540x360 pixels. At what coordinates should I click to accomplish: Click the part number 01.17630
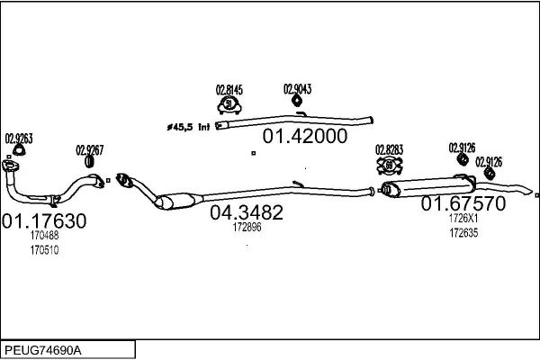pos(44,220)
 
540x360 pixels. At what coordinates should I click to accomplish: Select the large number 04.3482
pos(247,212)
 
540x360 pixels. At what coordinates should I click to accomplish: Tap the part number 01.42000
pos(305,136)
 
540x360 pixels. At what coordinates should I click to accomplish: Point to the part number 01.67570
pos(463,203)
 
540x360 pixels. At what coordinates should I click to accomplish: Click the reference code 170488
pos(44,235)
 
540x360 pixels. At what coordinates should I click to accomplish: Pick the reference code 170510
pos(44,250)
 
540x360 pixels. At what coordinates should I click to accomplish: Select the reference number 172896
pos(247,227)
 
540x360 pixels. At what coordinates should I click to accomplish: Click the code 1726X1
pos(463,218)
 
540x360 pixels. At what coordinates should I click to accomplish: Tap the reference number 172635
pos(463,233)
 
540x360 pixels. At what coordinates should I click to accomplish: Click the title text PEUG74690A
pos(43,350)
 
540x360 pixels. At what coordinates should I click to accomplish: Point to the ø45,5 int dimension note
pos(188,127)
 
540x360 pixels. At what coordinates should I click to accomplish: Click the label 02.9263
pos(19,139)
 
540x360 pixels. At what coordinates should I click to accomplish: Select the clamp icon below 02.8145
pos(229,105)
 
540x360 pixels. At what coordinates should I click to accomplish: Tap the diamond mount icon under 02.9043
pos(297,101)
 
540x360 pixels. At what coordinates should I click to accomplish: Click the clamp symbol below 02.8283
pos(390,166)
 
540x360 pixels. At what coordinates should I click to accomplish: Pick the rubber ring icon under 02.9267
pos(89,162)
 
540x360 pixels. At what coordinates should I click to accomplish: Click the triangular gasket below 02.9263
pos(19,150)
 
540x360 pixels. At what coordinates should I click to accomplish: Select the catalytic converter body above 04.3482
pos(175,202)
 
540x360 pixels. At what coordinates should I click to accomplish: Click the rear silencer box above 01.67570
pos(428,187)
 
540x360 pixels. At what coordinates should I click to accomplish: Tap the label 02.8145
pos(229,90)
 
